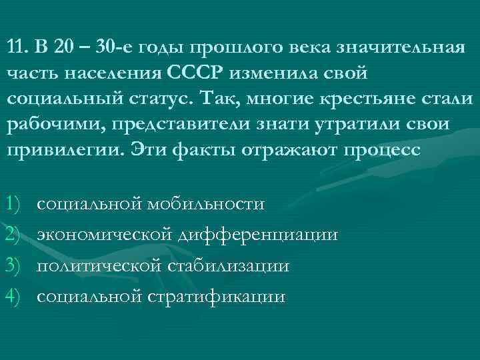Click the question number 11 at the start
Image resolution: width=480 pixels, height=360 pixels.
pos(17,47)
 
